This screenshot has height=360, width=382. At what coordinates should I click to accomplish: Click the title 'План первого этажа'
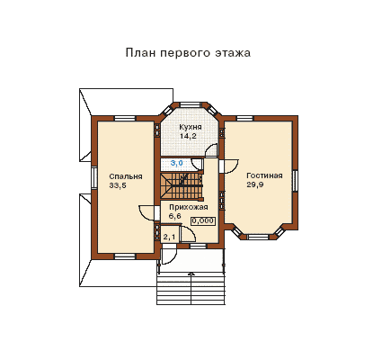[x=188, y=53]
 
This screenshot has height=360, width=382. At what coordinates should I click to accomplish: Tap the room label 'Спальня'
[x=126, y=176]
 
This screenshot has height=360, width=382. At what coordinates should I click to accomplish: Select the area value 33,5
[x=118, y=185]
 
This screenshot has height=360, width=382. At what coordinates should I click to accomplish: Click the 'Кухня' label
[x=191, y=127]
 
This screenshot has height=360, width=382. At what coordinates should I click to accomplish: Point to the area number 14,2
[x=188, y=136]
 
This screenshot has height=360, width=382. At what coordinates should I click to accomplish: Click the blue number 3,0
[x=177, y=163]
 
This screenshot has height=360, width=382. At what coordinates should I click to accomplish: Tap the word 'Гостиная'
[x=264, y=175]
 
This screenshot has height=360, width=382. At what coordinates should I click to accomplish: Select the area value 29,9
[x=255, y=184]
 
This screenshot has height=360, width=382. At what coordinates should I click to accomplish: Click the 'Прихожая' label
[x=189, y=207]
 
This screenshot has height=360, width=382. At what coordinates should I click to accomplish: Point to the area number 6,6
[x=175, y=216]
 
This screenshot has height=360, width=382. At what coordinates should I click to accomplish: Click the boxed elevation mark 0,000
[x=203, y=221]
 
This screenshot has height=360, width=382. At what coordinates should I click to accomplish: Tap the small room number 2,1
[x=169, y=238]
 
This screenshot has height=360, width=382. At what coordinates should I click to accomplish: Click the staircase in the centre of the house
[x=182, y=185]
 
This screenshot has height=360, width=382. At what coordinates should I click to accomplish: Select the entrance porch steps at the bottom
[x=191, y=289]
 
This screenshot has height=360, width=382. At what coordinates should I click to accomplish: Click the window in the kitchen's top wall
[x=191, y=104]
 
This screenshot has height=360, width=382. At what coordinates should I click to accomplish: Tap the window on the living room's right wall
[x=295, y=180]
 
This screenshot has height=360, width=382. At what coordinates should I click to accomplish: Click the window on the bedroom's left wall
[x=93, y=177]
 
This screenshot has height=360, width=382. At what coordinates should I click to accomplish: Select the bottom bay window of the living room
[x=258, y=237]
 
